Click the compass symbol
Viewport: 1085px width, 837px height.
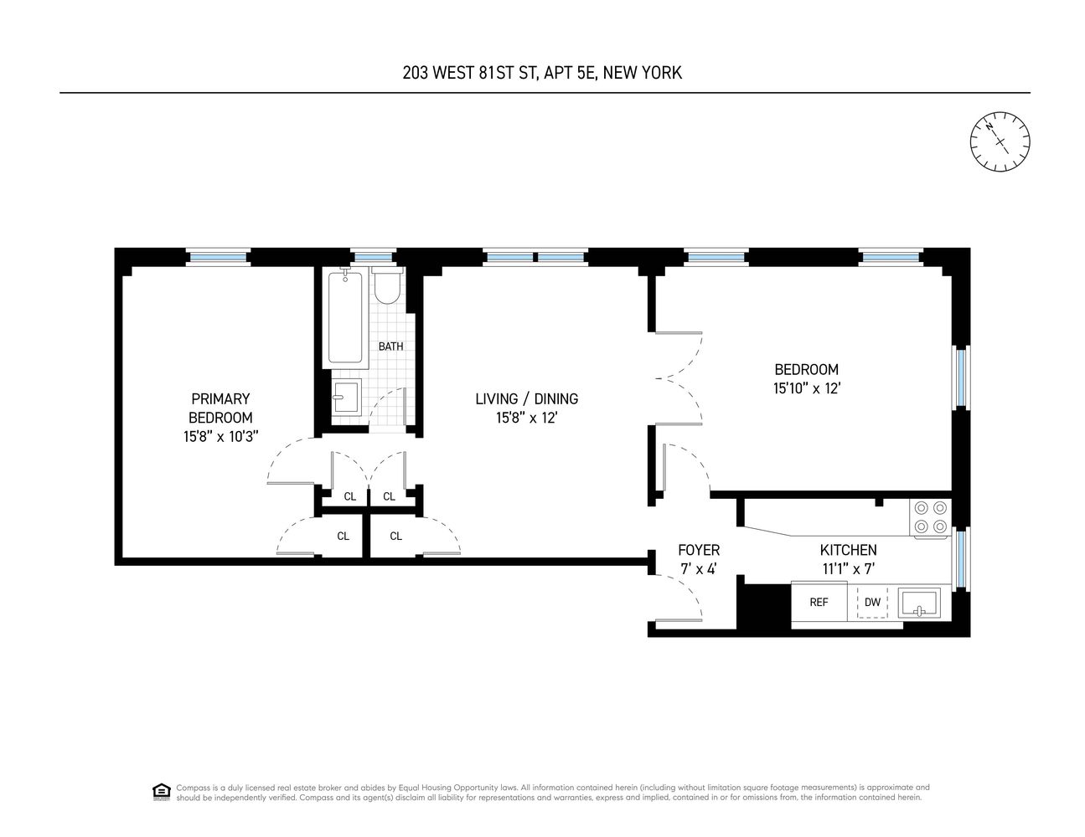coord(1000,141)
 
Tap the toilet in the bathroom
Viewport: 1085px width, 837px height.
coord(387,287)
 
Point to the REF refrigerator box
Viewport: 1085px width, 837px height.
coord(819,602)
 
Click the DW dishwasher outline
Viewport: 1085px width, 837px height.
coord(872,602)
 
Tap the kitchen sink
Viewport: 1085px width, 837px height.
coord(919,602)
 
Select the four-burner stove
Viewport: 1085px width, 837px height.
coord(931,516)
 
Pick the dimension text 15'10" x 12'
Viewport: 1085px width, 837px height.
coord(806,388)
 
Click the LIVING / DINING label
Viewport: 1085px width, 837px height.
coord(526,399)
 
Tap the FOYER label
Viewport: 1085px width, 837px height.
coord(699,550)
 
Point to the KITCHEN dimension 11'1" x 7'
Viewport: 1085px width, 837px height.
coord(848,569)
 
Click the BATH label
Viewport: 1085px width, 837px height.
coord(390,347)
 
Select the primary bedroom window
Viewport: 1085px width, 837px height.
coord(218,257)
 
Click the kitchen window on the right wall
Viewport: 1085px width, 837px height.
coord(961,557)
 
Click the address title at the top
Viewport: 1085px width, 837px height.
coord(542,73)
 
